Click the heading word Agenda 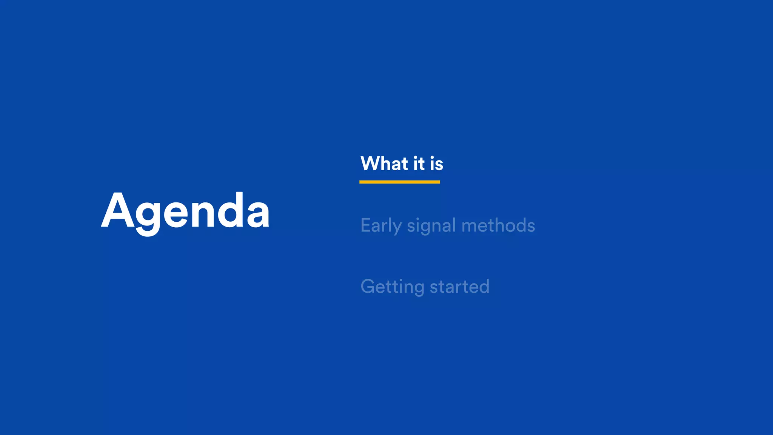click(185, 211)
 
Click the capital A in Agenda click(118, 211)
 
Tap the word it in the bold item click(419, 164)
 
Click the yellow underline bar click(399, 182)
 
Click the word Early click(381, 225)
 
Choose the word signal click(431, 226)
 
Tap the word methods click(498, 225)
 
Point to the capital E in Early click(365, 225)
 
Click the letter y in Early click(397, 228)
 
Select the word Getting click(393, 287)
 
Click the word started click(460, 287)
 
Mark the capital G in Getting click(368, 287)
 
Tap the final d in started click(484, 287)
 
